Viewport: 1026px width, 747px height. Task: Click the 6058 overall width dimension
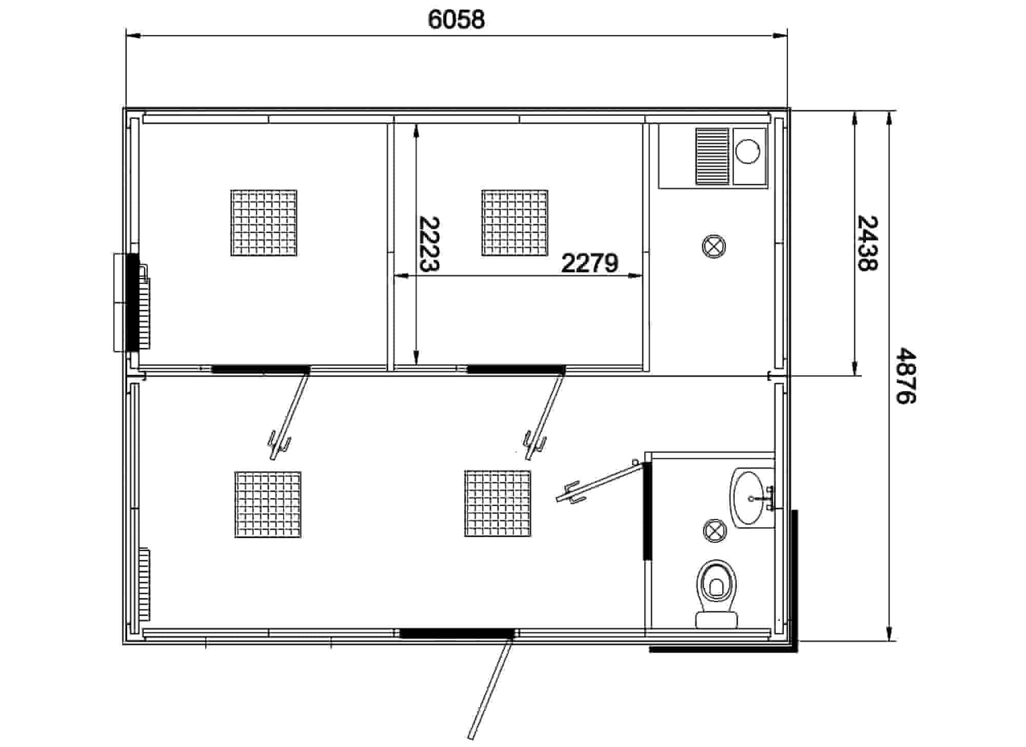456,20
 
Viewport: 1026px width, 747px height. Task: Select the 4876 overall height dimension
905,377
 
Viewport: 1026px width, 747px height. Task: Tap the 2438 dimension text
867,243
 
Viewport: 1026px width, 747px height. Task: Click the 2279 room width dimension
590,264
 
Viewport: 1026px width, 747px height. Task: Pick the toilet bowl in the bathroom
717,593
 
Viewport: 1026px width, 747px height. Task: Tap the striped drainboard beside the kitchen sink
712,156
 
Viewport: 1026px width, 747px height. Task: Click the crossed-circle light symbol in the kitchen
714,247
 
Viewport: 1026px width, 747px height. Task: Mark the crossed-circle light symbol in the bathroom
714,530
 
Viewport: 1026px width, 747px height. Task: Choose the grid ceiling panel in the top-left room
264,223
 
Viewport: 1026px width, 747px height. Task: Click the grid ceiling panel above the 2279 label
515,223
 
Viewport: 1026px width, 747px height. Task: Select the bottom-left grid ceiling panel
268,504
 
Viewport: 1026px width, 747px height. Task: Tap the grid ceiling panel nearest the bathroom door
498,503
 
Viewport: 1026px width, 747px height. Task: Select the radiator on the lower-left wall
144,584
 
